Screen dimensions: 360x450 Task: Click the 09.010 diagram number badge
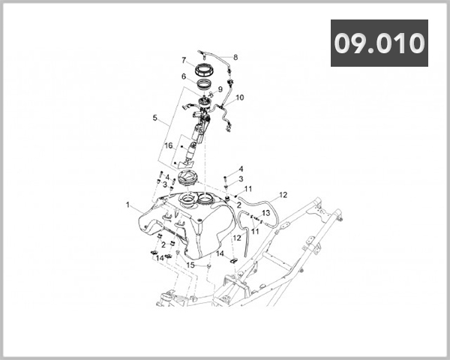[x=379, y=43]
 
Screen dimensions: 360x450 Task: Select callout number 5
[x=154, y=118]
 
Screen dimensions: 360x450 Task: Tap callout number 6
[x=182, y=76]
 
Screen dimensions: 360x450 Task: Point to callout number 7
[x=182, y=60]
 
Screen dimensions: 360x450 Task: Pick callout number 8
[x=235, y=57]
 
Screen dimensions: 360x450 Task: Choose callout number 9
[x=220, y=89]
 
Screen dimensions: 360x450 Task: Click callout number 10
[x=240, y=97]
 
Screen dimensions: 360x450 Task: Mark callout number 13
[x=265, y=213]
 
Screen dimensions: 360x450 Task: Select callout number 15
[x=190, y=264]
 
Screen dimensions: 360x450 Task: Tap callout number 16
[x=169, y=145]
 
